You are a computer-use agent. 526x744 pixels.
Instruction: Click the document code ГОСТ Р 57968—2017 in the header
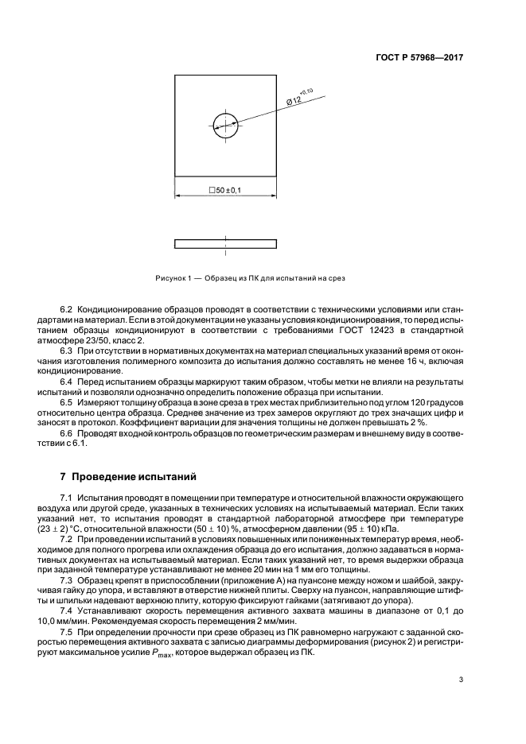(421, 58)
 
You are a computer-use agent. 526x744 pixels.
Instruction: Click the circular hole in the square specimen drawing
(225, 123)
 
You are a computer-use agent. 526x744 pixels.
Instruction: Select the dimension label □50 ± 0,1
(225, 191)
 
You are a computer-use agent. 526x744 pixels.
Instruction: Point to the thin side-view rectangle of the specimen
(225, 242)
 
